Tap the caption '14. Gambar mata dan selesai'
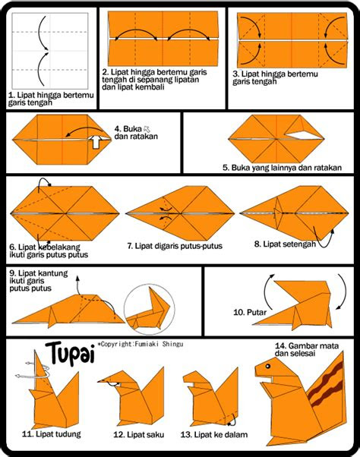[307, 350]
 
